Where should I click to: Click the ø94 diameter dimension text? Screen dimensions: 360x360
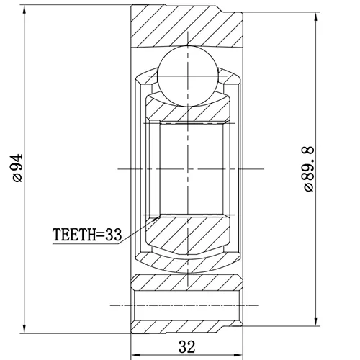(18, 168)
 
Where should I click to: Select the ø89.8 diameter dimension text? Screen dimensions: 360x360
(309, 168)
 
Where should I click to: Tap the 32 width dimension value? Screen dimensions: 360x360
(186, 346)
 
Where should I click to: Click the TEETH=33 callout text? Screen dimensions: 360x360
(87, 235)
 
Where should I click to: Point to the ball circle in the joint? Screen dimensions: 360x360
(188, 76)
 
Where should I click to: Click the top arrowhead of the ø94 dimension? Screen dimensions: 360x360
(24, 9)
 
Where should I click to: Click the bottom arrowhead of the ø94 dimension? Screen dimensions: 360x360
(24, 328)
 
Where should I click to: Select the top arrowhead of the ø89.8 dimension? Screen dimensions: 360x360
(316, 17)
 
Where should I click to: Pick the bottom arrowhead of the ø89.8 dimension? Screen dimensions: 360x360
(316, 321)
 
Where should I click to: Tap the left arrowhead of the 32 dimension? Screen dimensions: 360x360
(135, 355)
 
